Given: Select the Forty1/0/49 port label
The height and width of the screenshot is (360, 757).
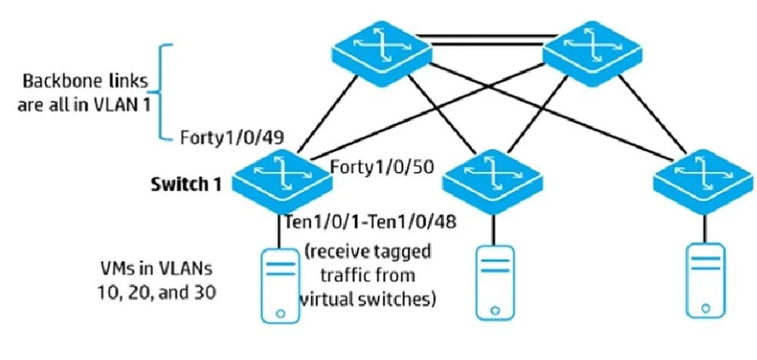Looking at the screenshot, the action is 232,138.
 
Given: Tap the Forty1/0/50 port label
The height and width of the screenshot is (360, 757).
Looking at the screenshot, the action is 383,167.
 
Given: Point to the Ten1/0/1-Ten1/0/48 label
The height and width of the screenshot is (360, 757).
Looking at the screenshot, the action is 370,222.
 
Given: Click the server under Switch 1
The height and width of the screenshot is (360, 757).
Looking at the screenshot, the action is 280,285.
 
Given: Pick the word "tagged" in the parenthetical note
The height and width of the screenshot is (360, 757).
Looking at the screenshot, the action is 402,253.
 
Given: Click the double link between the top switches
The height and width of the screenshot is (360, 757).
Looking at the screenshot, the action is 488,40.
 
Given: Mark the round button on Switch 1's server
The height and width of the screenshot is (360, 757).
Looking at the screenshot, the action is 280,312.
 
